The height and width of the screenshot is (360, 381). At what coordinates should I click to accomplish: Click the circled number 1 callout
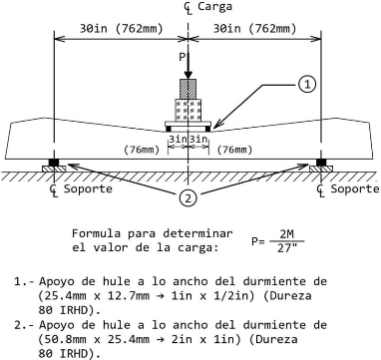(x=307, y=85)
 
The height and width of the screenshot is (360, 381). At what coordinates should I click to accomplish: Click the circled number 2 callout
(x=189, y=198)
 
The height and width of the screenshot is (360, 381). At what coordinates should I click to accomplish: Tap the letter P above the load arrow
(x=182, y=57)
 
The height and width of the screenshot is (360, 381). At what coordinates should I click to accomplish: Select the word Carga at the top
(x=214, y=6)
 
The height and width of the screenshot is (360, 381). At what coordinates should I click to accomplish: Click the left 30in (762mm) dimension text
(x=122, y=29)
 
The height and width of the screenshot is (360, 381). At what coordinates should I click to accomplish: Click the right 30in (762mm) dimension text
(x=254, y=29)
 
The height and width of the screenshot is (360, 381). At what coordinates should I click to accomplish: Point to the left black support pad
(x=54, y=163)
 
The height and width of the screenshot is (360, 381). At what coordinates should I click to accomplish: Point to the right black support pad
(x=321, y=163)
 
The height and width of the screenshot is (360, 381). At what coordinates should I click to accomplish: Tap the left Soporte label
(x=88, y=189)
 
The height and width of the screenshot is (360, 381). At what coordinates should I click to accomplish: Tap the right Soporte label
(x=355, y=189)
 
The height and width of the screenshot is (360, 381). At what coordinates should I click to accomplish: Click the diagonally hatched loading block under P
(x=188, y=89)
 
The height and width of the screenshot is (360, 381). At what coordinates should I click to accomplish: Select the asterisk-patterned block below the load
(x=189, y=111)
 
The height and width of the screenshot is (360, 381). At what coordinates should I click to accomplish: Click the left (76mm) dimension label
(x=142, y=150)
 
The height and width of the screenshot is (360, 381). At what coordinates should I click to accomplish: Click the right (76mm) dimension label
(x=234, y=150)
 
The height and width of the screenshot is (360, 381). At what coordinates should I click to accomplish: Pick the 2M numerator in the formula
(x=286, y=234)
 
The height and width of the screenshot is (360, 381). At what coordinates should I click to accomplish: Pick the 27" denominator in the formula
(x=286, y=248)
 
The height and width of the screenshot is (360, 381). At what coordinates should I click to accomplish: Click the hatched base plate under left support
(x=54, y=169)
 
